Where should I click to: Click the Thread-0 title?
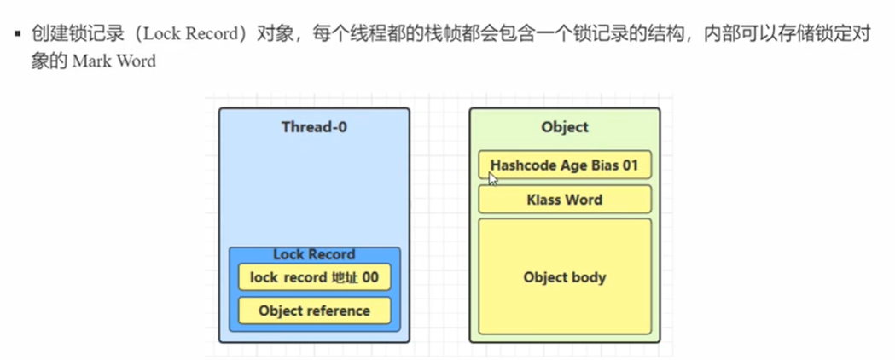point(314,126)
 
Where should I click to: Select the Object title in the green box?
point(565,126)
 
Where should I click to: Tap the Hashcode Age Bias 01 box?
point(565,165)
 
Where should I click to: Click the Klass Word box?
point(565,200)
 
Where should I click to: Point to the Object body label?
point(565,277)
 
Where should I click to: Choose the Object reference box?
point(315,311)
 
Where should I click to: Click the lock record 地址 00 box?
point(315,278)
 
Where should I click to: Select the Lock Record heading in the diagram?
point(314,254)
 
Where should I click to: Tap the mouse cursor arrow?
point(492,179)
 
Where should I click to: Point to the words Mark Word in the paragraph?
point(114,61)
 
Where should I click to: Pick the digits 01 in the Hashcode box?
point(631,166)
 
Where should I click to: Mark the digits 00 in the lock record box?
point(370,278)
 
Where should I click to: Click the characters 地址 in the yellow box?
point(345,278)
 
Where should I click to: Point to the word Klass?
point(544,200)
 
